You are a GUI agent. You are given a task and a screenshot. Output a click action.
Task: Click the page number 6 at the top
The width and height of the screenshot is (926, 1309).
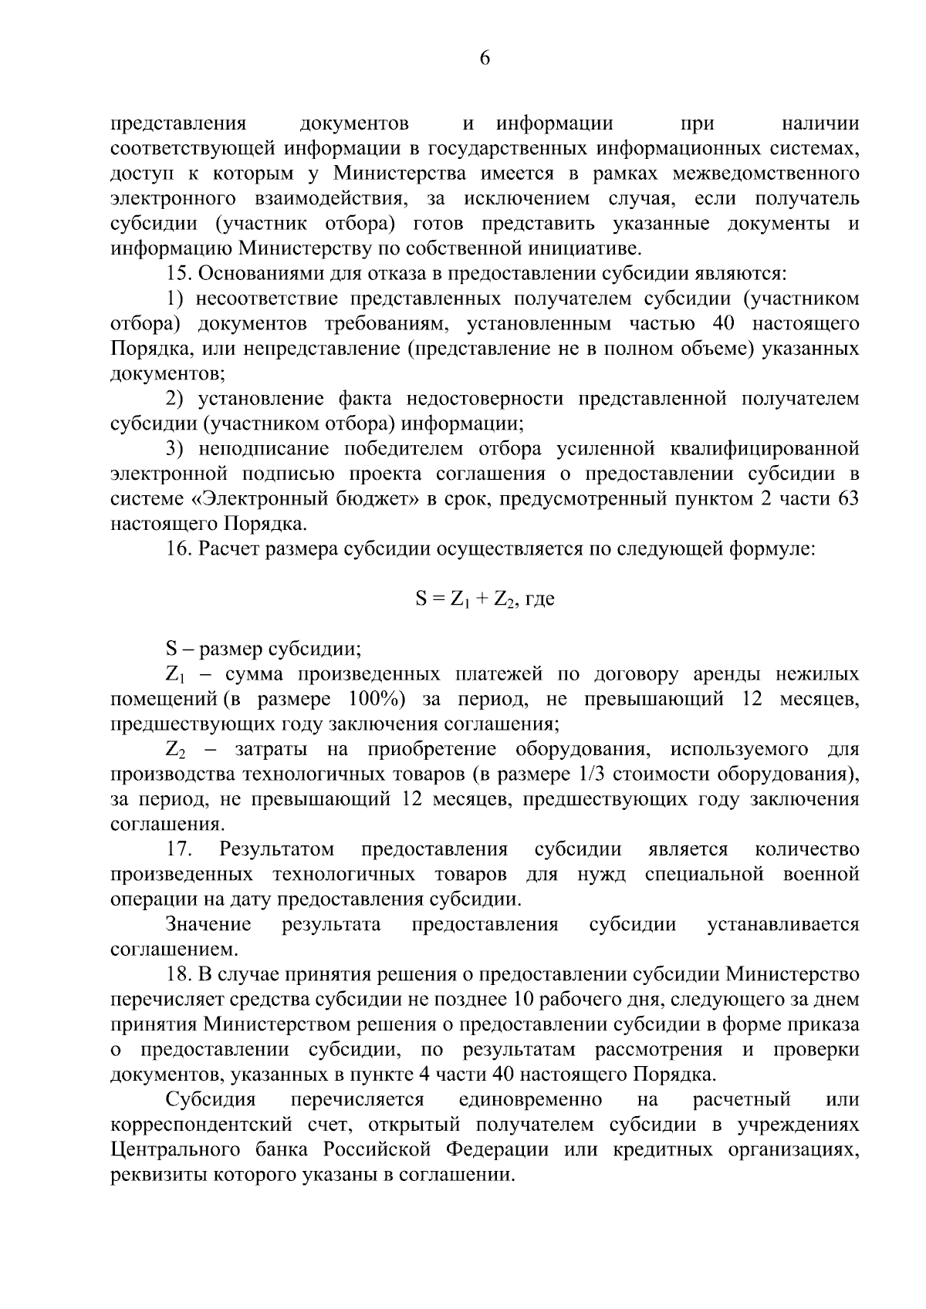(x=485, y=59)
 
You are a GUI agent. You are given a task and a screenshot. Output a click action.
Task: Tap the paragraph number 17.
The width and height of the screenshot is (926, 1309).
(x=179, y=849)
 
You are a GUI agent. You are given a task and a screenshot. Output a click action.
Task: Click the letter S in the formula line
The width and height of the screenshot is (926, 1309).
(x=421, y=599)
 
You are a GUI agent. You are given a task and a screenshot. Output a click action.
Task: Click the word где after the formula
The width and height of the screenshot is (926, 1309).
(x=539, y=599)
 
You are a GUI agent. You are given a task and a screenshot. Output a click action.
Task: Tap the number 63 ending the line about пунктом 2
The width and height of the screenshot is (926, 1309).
(x=847, y=499)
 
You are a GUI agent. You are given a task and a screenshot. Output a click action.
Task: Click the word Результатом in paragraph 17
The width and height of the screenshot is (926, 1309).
(x=276, y=849)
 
